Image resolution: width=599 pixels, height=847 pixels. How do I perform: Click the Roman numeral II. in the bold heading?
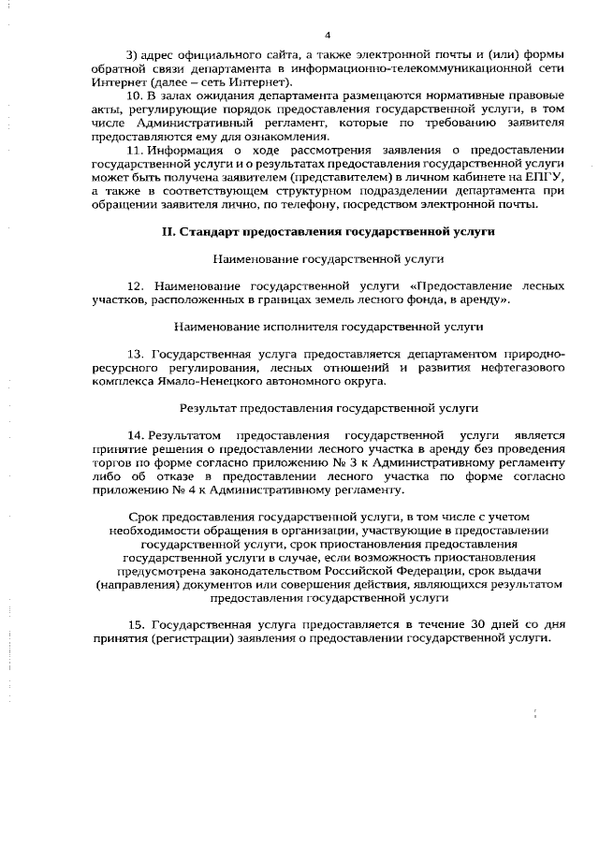161,230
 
